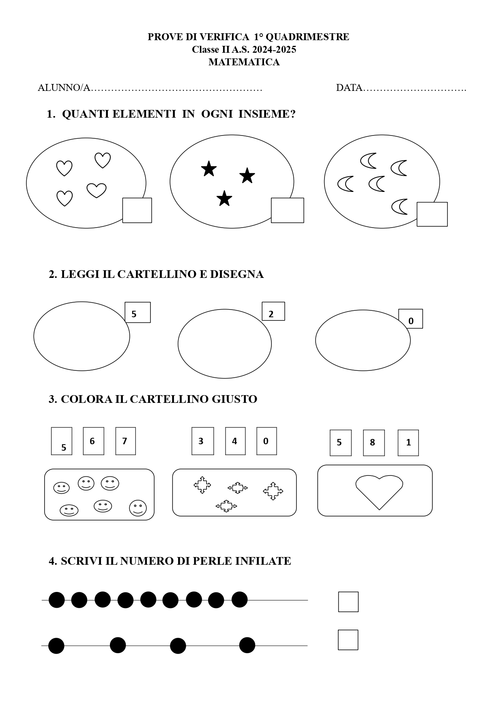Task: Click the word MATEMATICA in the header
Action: (244, 62)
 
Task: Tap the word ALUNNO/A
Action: (64, 88)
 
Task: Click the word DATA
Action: (349, 88)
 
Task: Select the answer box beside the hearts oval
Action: (137, 210)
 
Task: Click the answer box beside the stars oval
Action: (288, 210)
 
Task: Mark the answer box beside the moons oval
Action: (432, 214)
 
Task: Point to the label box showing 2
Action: (273, 311)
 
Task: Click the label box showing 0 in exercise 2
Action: (411, 318)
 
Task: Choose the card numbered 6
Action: (94, 441)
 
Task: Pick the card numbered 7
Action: (126, 441)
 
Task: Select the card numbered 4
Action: (235, 441)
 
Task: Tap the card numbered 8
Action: (374, 443)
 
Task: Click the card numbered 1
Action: (408, 443)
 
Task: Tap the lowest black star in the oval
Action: (224, 198)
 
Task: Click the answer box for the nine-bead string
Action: (348, 602)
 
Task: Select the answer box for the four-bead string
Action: (348, 640)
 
